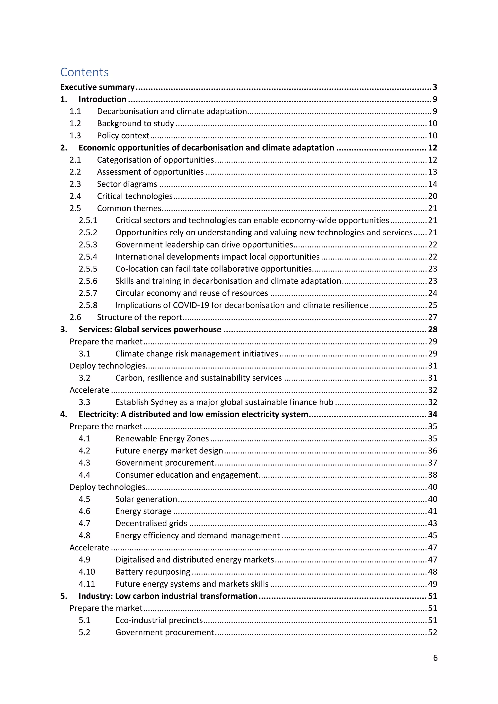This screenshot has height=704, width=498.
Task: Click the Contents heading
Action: point(84,72)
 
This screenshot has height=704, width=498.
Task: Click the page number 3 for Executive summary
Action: point(435,87)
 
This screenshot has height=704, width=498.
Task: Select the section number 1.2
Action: point(75,123)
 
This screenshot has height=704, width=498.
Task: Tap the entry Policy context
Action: point(123,136)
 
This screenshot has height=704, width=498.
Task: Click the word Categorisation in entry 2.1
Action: point(124,160)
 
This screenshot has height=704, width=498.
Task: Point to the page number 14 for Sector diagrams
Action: point(432,184)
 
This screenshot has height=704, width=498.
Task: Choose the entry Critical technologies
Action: point(135,196)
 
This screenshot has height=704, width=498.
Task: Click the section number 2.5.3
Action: point(88,245)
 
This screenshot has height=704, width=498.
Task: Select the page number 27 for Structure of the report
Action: point(432,317)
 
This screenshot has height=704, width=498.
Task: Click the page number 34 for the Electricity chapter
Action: point(432,414)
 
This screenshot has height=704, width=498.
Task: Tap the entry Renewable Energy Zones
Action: point(162,439)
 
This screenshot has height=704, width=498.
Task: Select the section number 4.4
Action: point(84,475)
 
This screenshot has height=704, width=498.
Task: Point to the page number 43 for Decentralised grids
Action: point(432,523)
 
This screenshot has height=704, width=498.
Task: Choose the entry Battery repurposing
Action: point(153,572)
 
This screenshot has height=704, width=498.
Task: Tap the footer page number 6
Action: point(435,658)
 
